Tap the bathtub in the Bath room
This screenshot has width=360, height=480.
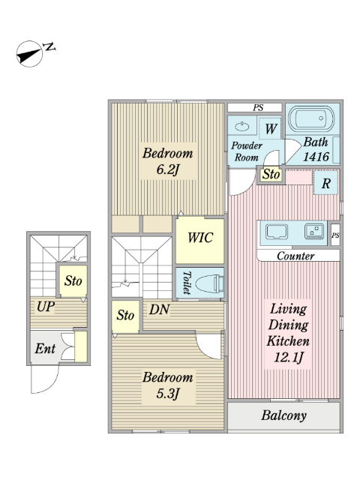(x=312, y=118)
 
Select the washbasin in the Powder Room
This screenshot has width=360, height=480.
(x=243, y=125)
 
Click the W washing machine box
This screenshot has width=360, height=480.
(x=270, y=128)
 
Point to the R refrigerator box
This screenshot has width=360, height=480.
(x=326, y=183)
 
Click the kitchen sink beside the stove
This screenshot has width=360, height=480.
(x=277, y=232)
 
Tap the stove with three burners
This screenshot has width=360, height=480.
(x=313, y=231)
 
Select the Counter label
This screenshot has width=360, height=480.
(x=295, y=256)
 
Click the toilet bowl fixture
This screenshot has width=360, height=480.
(x=209, y=283)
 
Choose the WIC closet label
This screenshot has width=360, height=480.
(x=200, y=238)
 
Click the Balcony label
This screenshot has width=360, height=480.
(x=283, y=415)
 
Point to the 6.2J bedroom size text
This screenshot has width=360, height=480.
(x=167, y=169)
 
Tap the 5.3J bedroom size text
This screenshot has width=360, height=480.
(x=167, y=393)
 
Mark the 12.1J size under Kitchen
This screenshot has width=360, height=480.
(x=288, y=357)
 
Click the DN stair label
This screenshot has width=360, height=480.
(x=159, y=310)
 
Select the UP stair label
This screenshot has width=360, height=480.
(x=46, y=307)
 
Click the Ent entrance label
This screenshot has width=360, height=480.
(x=45, y=348)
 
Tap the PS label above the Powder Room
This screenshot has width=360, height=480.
(x=258, y=108)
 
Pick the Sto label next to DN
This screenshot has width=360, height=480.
(x=125, y=315)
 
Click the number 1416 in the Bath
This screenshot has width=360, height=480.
(x=316, y=157)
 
